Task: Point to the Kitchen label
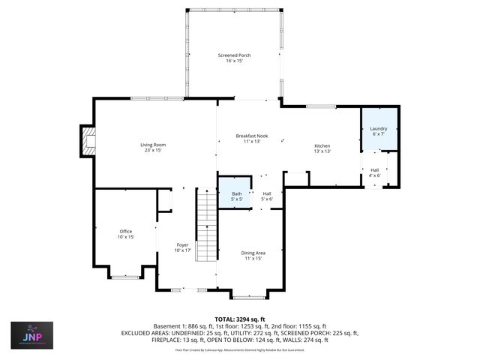click(x=322, y=145)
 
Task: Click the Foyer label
click(x=183, y=245)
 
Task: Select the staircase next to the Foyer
click(x=206, y=225)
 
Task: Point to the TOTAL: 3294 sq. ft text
click(x=240, y=319)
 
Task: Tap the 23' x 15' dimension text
click(x=153, y=150)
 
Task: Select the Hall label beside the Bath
click(x=266, y=193)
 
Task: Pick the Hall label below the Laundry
click(x=375, y=170)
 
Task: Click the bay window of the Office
click(x=125, y=276)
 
